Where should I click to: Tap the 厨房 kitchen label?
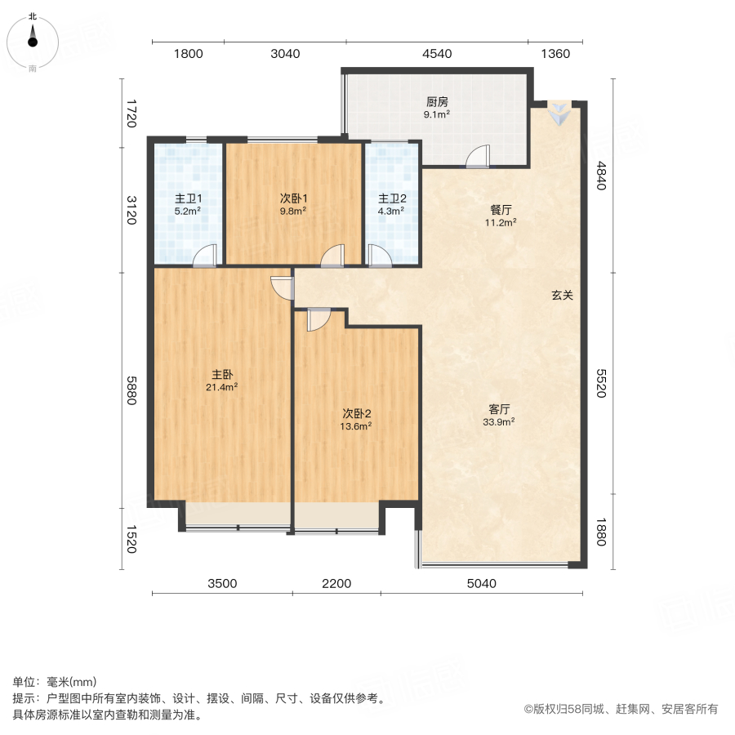pyautogui.click(x=436, y=103)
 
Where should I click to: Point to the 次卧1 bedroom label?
pyautogui.click(x=293, y=198)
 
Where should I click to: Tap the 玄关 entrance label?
pyautogui.click(x=562, y=296)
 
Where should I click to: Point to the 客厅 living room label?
pyautogui.click(x=499, y=409)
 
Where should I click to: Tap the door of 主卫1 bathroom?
pyautogui.click(x=205, y=256)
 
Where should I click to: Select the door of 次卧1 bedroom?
pyautogui.click(x=332, y=256)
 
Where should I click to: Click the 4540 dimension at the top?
pyautogui.click(x=437, y=54)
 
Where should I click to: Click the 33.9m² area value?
pyautogui.click(x=499, y=422)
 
